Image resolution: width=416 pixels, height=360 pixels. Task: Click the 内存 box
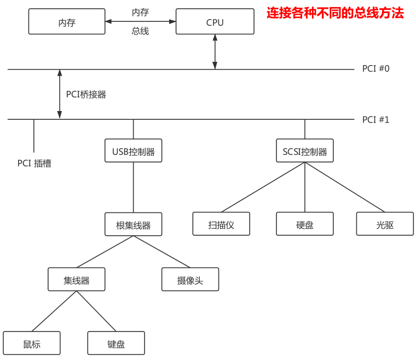click(x=66, y=22)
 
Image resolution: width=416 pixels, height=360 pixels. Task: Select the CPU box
click(x=215, y=22)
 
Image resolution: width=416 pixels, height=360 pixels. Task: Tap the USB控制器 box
click(x=134, y=151)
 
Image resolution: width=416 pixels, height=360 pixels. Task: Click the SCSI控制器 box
click(x=305, y=151)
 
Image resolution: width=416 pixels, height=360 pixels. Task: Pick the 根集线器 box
click(x=134, y=224)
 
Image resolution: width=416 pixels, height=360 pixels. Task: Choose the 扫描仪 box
click(x=221, y=224)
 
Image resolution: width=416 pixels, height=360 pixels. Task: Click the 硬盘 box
click(x=305, y=224)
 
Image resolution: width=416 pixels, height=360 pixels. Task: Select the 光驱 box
click(x=385, y=224)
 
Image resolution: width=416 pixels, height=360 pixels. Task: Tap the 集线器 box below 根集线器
click(x=76, y=280)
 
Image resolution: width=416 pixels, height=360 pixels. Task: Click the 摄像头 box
click(x=190, y=280)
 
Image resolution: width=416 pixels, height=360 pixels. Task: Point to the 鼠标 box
click(x=32, y=344)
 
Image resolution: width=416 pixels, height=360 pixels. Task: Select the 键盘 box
click(x=116, y=344)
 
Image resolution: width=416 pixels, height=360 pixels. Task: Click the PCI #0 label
click(x=375, y=69)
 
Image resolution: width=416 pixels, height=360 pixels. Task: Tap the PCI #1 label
click(x=375, y=119)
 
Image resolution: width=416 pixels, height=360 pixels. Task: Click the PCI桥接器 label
click(x=86, y=94)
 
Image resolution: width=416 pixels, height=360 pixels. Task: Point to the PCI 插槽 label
click(x=34, y=163)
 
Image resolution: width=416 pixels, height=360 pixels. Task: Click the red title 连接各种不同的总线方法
click(x=335, y=13)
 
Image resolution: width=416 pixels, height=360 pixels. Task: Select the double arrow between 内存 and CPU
click(x=140, y=22)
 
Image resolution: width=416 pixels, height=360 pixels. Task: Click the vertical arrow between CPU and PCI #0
click(x=215, y=52)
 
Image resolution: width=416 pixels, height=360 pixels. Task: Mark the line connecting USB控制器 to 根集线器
click(x=134, y=187)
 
